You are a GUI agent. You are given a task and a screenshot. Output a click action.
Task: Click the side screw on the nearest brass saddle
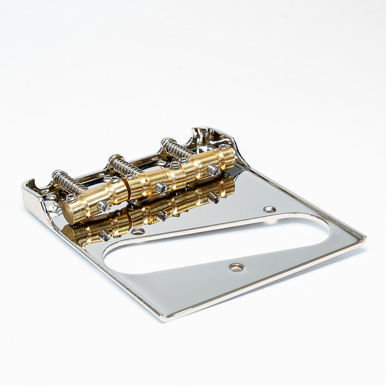click(103, 206)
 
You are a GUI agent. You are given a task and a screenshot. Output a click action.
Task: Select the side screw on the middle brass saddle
click(161, 187)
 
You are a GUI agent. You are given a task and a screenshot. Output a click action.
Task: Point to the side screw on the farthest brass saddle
click(214, 170)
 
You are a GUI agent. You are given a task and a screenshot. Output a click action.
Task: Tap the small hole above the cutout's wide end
click(269, 209)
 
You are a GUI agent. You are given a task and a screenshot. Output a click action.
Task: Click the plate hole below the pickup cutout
click(236, 267)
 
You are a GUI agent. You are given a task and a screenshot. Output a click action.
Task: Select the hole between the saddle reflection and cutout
click(138, 231)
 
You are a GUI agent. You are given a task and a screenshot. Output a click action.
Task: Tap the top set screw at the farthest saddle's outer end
click(224, 147)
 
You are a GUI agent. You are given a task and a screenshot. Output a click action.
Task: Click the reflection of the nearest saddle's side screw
click(105, 235)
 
